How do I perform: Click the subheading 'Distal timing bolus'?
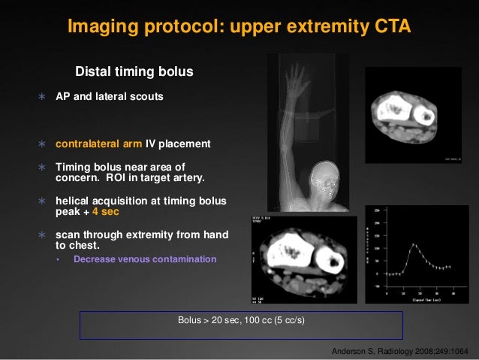[135, 72]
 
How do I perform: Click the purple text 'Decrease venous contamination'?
[145, 259]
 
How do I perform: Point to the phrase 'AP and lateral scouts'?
[110, 97]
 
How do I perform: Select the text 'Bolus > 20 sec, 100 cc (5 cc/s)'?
[241, 320]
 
